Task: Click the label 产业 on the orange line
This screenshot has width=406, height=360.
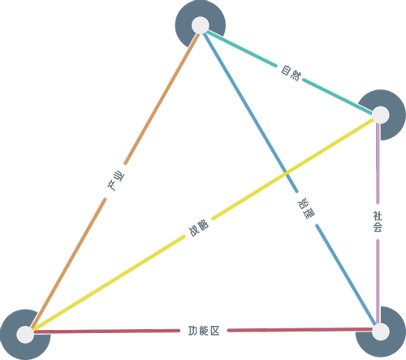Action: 115,181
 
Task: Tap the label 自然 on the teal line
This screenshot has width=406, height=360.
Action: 290,72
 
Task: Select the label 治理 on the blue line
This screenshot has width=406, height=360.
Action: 306,209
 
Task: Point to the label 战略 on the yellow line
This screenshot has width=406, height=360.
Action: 199,228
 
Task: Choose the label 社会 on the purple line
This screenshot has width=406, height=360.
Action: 378,222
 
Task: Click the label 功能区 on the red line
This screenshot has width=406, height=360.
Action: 204,331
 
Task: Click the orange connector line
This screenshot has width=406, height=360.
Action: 115,181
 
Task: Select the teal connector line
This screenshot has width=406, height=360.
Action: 290,72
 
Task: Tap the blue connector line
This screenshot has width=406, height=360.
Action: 289,177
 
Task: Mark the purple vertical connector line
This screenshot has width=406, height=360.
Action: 378,222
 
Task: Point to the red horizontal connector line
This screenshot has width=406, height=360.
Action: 204,331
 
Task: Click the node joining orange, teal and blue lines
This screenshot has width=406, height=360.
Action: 201,25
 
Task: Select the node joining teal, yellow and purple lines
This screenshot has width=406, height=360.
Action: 381,115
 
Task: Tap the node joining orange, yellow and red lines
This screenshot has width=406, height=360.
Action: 25,335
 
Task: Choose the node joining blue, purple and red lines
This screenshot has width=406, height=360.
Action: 381,332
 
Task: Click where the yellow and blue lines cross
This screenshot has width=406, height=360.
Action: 286,172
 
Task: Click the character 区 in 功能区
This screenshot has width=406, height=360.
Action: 214,331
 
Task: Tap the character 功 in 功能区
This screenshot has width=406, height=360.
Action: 193,331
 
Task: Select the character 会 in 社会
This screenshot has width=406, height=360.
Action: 378,228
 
